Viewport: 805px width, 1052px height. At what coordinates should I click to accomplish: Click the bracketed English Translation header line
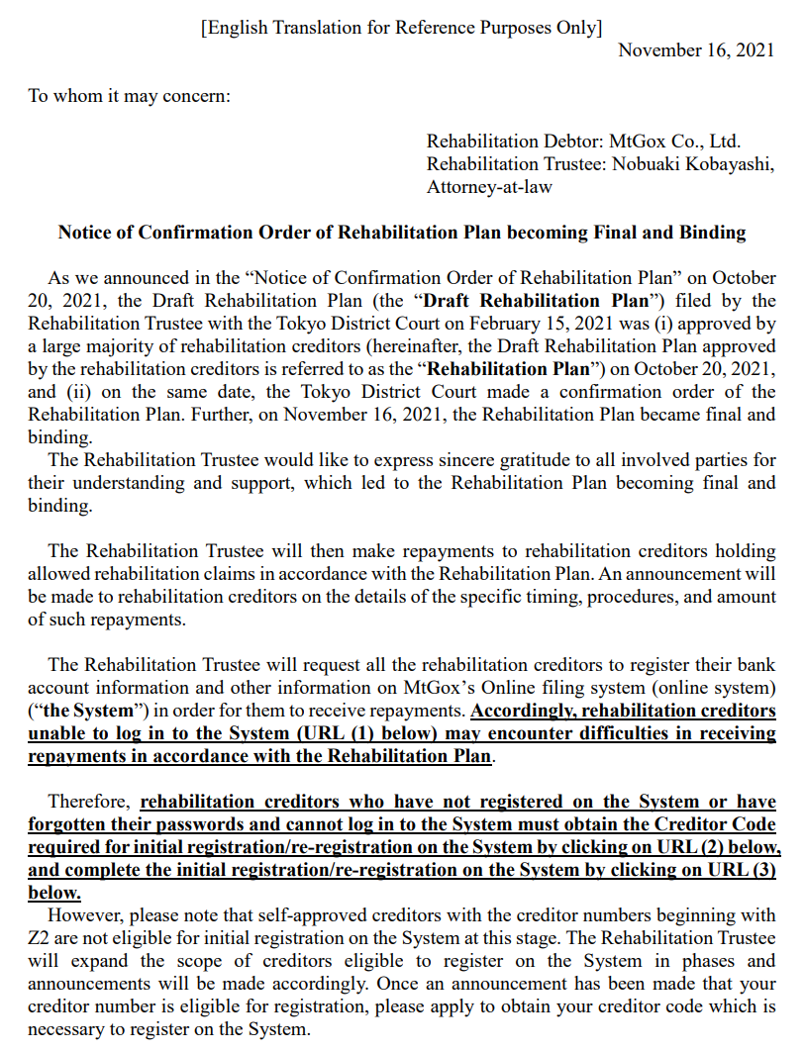401,28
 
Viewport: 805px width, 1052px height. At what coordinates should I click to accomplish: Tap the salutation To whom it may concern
129,96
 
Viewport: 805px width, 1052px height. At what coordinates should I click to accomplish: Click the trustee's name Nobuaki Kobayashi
691,164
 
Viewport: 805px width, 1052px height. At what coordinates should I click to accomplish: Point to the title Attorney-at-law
489,186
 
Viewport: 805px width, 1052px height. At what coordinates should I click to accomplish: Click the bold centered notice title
401,233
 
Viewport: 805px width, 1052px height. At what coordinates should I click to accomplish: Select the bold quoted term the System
84,711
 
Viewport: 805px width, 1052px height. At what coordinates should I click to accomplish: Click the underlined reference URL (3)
742,870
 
